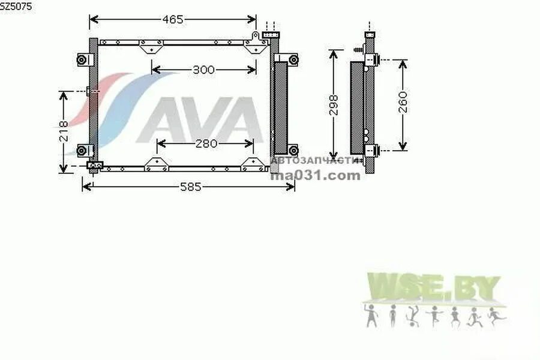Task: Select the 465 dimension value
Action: tap(172, 20)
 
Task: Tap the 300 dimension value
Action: tap(203, 70)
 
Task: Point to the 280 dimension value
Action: tap(205, 144)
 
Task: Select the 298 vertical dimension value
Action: tap(334, 105)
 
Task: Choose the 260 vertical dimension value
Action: tap(403, 103)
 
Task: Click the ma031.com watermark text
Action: tap(316, 176)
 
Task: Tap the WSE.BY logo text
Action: tap(433, 288)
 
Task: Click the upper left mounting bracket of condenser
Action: tap(83, 60)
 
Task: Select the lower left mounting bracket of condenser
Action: tap(83, 150)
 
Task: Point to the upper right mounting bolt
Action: tap(293, 59)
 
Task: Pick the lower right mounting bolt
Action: tap(293, 149)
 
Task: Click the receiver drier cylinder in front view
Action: tap(280, 108)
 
